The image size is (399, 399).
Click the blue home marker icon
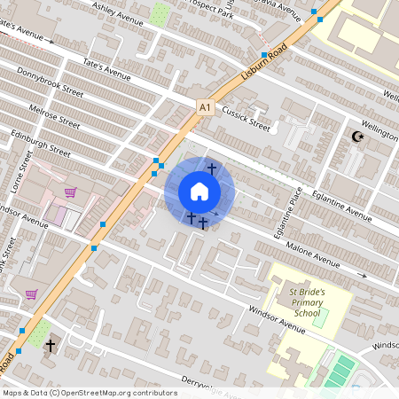pos(199,192)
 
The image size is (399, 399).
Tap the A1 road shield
pos(206,108)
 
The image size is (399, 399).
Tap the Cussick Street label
pos(246,119)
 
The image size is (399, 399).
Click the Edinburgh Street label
pos(41,144)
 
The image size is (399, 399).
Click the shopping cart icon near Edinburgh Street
pos(70,192)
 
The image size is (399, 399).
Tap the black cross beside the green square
pos(51,345)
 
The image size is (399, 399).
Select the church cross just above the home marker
pos(211,168)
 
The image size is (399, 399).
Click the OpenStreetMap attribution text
pos(90,392)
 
